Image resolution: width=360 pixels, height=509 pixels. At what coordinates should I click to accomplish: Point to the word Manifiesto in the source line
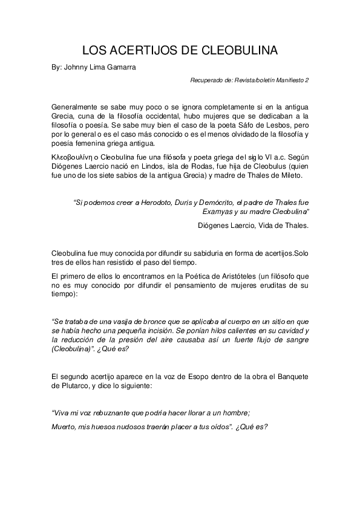(288, 79)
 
